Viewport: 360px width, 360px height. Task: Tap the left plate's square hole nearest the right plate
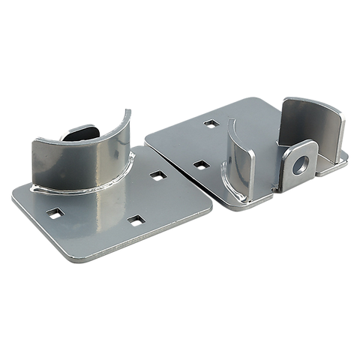(x=157, y=175)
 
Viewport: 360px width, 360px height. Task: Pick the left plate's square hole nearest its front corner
(x=135, y=219)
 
